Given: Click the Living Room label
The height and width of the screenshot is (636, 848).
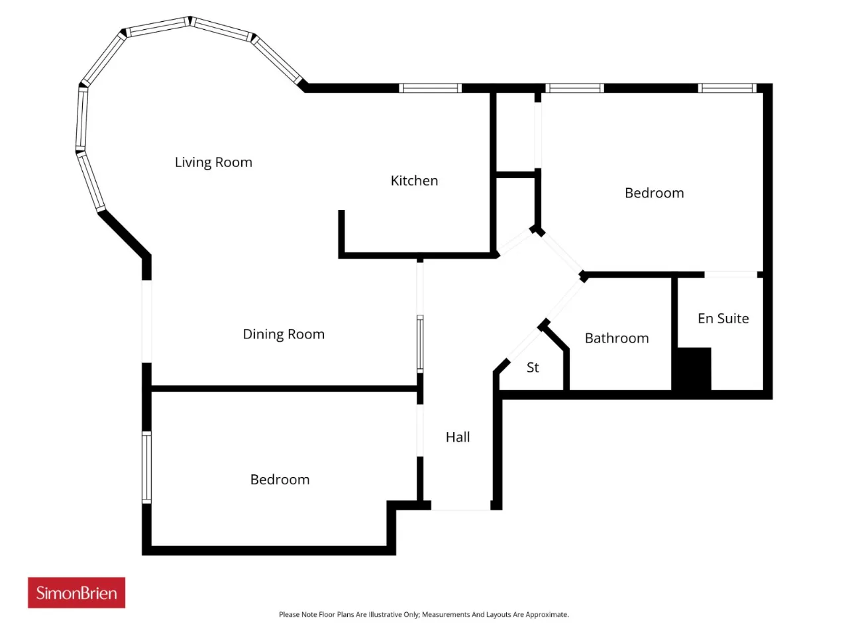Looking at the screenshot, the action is (x=213, y=162).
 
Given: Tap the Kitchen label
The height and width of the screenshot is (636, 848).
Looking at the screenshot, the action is (x=414, y=181).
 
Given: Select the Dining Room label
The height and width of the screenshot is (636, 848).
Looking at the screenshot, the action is (x=284, y=334).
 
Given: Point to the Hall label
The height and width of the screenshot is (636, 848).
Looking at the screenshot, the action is (x=458, y=437).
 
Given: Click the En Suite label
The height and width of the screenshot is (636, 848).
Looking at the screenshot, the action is (x=723, y=319).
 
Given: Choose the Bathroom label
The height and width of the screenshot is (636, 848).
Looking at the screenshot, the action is (x=617, y=339).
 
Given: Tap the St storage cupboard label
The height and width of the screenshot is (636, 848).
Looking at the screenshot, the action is (x=533, y=368).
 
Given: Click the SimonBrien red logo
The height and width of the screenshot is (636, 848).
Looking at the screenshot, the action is (x=76, y=593).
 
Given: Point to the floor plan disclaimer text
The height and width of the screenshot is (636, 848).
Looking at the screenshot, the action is (x=424, y=614).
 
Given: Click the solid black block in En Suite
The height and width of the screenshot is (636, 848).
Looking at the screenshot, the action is (x=694, y=369).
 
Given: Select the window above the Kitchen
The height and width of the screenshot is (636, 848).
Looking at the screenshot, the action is (x=430, y=88).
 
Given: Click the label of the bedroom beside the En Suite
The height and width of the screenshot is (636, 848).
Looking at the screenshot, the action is (x=654, y=193).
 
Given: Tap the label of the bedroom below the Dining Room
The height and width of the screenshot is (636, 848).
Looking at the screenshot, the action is (x=280, y=480).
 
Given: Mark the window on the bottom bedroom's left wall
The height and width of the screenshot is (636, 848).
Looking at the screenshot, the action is (x=146, y=468).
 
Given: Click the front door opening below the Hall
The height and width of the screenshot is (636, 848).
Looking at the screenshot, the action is (x=460, y=505).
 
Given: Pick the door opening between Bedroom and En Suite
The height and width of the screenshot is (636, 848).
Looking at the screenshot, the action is (x=731, y=274).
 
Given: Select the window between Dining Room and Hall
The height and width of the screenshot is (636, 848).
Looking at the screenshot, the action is (x=420, y=344).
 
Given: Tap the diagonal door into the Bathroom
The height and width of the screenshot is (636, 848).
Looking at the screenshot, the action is (x=565, y=300).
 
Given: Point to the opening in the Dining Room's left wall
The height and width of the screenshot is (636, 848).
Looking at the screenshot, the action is (x=146, y=321).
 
